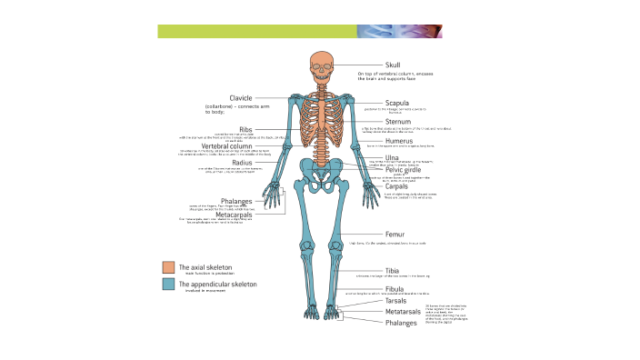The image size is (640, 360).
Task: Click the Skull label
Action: click(393, 65)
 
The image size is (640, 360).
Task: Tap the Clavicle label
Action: click(240, 97)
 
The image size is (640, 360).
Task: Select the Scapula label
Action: click(397, 103)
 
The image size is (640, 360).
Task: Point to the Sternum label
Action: click(398, 122)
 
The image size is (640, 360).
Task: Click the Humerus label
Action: click(399, 140)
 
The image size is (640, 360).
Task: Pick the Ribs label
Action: click(245, 130)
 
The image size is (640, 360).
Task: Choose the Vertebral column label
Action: click(226, 145)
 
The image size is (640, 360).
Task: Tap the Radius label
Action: click(242, 163)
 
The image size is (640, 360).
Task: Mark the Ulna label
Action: click(392, 157)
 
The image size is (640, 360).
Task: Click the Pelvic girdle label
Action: click(404, 169)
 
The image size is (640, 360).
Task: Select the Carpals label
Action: click(396, 186)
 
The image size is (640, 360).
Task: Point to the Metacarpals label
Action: click(234, 215)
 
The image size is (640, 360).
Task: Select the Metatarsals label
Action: click(401, 311)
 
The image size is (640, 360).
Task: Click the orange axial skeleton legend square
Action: click(168, 267)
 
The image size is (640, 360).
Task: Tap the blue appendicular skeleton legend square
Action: click(168, 285)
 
